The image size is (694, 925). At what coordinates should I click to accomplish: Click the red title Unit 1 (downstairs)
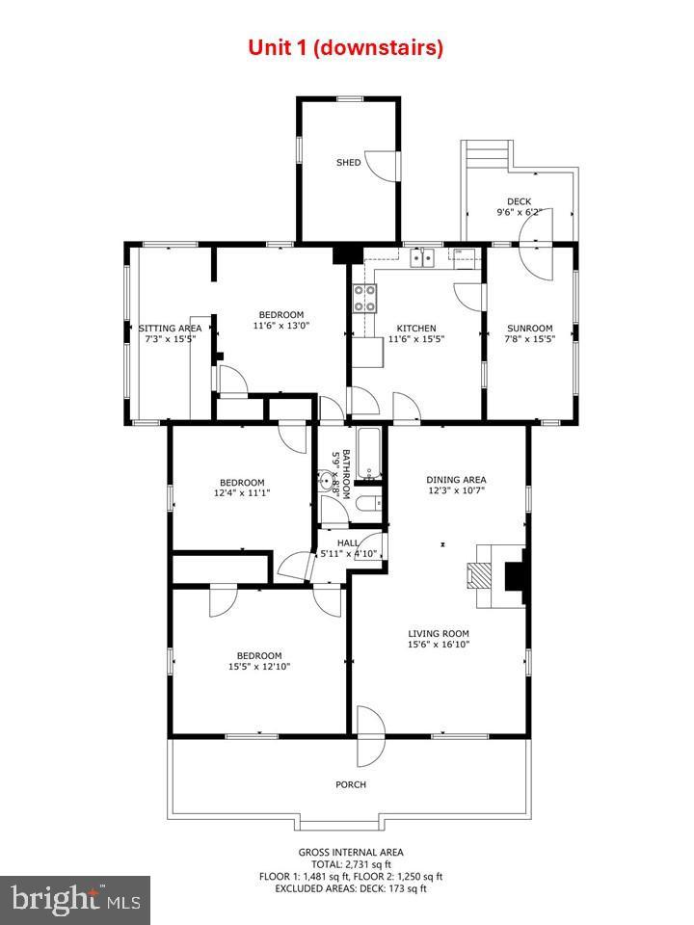coord(346,47)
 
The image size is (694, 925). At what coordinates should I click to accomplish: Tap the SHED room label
coord(348,163)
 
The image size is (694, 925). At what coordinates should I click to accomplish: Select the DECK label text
coord(520,201)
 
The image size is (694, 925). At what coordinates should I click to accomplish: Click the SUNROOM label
coord(530,329)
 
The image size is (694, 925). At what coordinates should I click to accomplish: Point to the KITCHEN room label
coord(413,329)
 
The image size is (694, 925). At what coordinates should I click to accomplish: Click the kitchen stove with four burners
coord(364,299)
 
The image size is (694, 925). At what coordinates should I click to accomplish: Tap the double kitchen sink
coord(422,256)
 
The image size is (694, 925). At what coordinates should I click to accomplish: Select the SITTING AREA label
coord(170,329)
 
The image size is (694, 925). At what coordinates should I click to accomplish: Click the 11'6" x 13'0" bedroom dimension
coord(280,326)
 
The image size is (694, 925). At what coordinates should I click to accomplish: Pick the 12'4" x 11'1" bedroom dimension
coord(241,492)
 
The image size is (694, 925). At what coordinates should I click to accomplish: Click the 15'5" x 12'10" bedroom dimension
coord(259,666)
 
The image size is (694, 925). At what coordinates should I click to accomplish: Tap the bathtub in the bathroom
coord(371,456)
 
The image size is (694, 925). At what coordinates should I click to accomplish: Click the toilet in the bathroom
coord(366,504)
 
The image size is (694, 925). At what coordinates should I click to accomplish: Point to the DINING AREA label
coord(456,480)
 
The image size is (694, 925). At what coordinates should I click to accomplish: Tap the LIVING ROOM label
coord(438,633)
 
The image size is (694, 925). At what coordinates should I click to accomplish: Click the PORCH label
coord(351,784)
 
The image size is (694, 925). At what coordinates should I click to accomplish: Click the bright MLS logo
coord(74,900)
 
